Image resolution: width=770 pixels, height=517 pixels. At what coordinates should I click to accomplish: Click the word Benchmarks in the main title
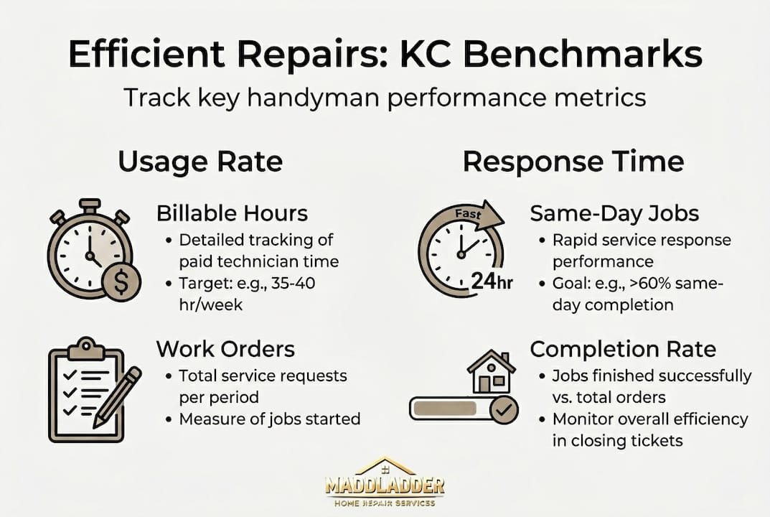tap(583, 54)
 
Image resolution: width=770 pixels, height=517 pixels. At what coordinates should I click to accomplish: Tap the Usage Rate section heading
tap(200, 162)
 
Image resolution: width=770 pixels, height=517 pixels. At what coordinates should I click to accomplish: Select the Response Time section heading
tap(573, 162)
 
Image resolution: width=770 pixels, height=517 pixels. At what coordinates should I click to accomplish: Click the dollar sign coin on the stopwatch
tap(121, 282)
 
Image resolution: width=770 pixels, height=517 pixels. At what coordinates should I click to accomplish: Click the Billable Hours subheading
tap(233, 213)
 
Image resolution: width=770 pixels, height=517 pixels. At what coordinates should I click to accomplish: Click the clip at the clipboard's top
tap(86, 348)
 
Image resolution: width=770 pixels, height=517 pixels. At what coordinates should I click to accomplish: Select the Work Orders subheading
tap(225, 349)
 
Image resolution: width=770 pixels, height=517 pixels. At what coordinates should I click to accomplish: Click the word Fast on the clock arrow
tap(468, 214)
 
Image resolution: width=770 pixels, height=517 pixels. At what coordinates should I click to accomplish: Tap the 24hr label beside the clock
tap(492, 281)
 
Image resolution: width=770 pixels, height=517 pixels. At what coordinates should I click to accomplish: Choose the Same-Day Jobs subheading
tap(614, 213)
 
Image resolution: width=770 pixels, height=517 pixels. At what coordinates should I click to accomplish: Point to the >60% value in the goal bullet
tap(651, 283)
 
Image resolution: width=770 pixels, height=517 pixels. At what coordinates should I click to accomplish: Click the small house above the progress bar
tap(491, 371)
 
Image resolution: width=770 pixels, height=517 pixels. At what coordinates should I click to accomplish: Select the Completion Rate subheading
tap(623, 350)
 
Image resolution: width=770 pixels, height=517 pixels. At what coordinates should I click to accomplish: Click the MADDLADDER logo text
tap(385, 486)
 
